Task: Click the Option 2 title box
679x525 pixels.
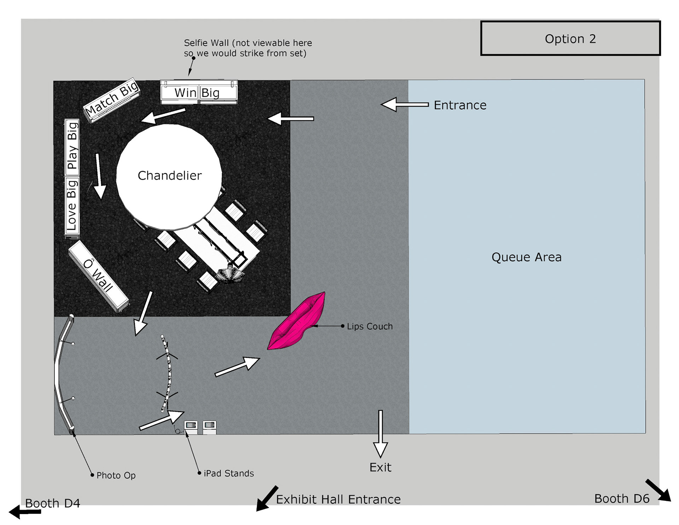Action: click(570, 38)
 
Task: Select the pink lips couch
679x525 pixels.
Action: click(296, 321)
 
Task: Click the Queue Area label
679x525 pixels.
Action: click(526, 257)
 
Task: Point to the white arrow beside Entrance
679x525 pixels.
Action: click(405, 104)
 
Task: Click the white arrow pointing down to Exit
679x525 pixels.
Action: click(381, 434)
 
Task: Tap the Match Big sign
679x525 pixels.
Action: click(112, 100)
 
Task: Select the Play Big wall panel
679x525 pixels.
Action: click(72, 147)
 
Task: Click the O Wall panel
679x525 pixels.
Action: click(99, 276)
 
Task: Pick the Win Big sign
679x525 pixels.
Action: click(199, 92)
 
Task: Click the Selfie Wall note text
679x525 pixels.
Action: click(248, 48)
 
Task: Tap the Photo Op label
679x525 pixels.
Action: click(116, 475)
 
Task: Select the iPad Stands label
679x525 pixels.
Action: click(229, 473)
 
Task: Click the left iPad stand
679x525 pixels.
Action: click(191, 427)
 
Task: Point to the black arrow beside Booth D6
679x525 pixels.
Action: click(658, 490)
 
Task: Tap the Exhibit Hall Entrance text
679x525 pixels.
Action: click(338, 499)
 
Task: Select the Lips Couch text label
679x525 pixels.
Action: click(370, 326)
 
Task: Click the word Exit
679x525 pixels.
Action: click(381, 467)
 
